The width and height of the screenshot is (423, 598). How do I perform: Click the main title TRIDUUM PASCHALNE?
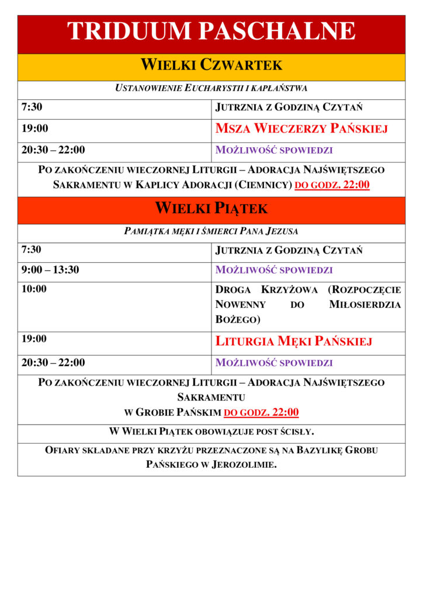(x=211, y=31)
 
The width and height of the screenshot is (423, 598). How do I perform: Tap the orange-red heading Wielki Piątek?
(x=211, y=208)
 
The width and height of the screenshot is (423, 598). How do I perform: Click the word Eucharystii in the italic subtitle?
(x=211, y=88)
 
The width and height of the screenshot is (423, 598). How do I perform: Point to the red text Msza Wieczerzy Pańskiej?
(x=301, y=128)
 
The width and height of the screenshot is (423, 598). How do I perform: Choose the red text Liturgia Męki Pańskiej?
(x=293, y=341)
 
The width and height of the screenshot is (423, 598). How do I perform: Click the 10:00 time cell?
(x=34, y=288)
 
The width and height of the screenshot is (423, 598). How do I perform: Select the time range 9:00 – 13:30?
(x=50, y=270)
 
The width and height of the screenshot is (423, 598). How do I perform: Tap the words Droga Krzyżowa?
(x=266, y=290)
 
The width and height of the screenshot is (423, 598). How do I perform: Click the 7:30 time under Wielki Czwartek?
(x=32, y=107)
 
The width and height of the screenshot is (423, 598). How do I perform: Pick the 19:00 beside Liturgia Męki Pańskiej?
(x=34, y=339)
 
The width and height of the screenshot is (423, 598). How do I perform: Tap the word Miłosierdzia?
(x=365, y=304)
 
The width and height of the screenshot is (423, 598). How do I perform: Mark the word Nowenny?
(x=241, y=304)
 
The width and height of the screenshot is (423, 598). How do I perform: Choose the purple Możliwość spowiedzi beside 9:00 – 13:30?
(x=274, y=270)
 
